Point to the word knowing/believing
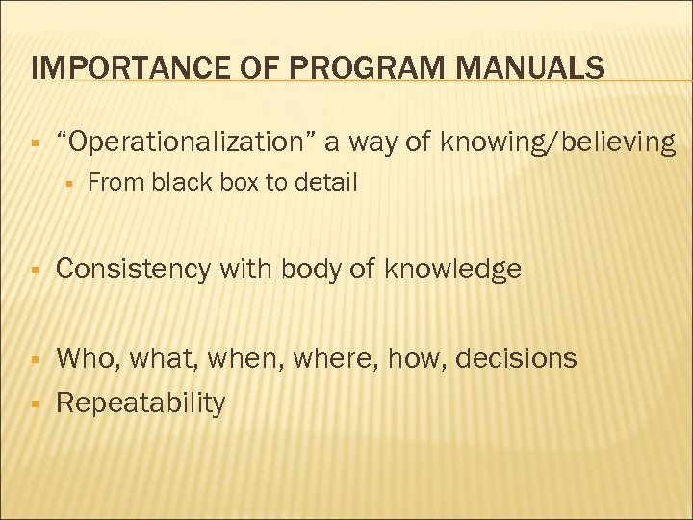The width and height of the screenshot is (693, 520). tap(558, 143)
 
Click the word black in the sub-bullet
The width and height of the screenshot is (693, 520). tap(179, 182)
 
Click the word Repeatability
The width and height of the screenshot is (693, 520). tap(141, 403)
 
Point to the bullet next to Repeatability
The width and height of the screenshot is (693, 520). tap(34, 403)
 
